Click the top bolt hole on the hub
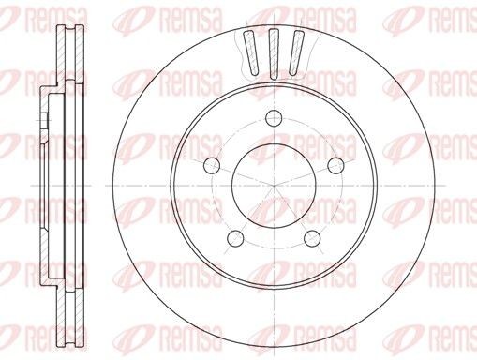pos(274,117)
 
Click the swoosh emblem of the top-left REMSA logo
pos(20,15)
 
